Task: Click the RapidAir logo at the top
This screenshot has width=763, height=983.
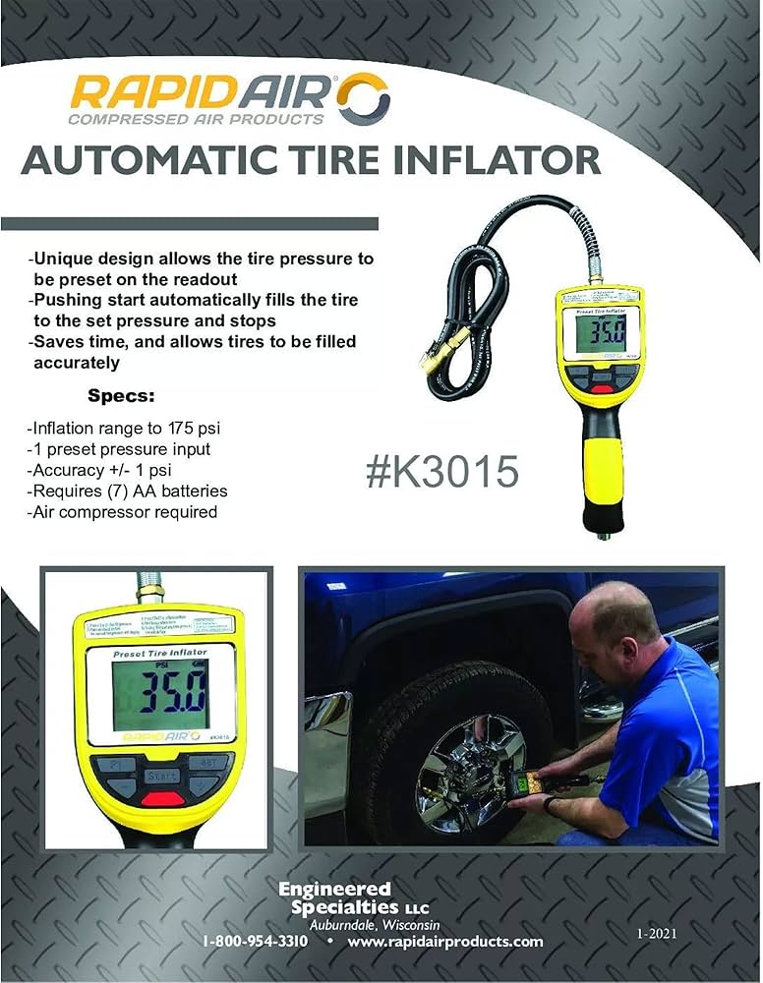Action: pyautogui.click(x=230, y=99)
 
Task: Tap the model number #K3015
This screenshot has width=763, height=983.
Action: pyautogui.click(x=441, y=472)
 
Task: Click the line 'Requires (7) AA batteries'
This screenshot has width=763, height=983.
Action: pyautogui.click(x=128, y=491)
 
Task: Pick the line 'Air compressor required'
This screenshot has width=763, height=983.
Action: pyautogui.click(x=122, y=512)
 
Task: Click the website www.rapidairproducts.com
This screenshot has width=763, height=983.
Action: pyautogui.click(x=444, y=941)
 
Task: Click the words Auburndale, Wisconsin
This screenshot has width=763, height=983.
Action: pyautogui.click(x=375, y=925)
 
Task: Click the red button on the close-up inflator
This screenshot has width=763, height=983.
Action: pyautogui.click(x=161, y=799)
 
